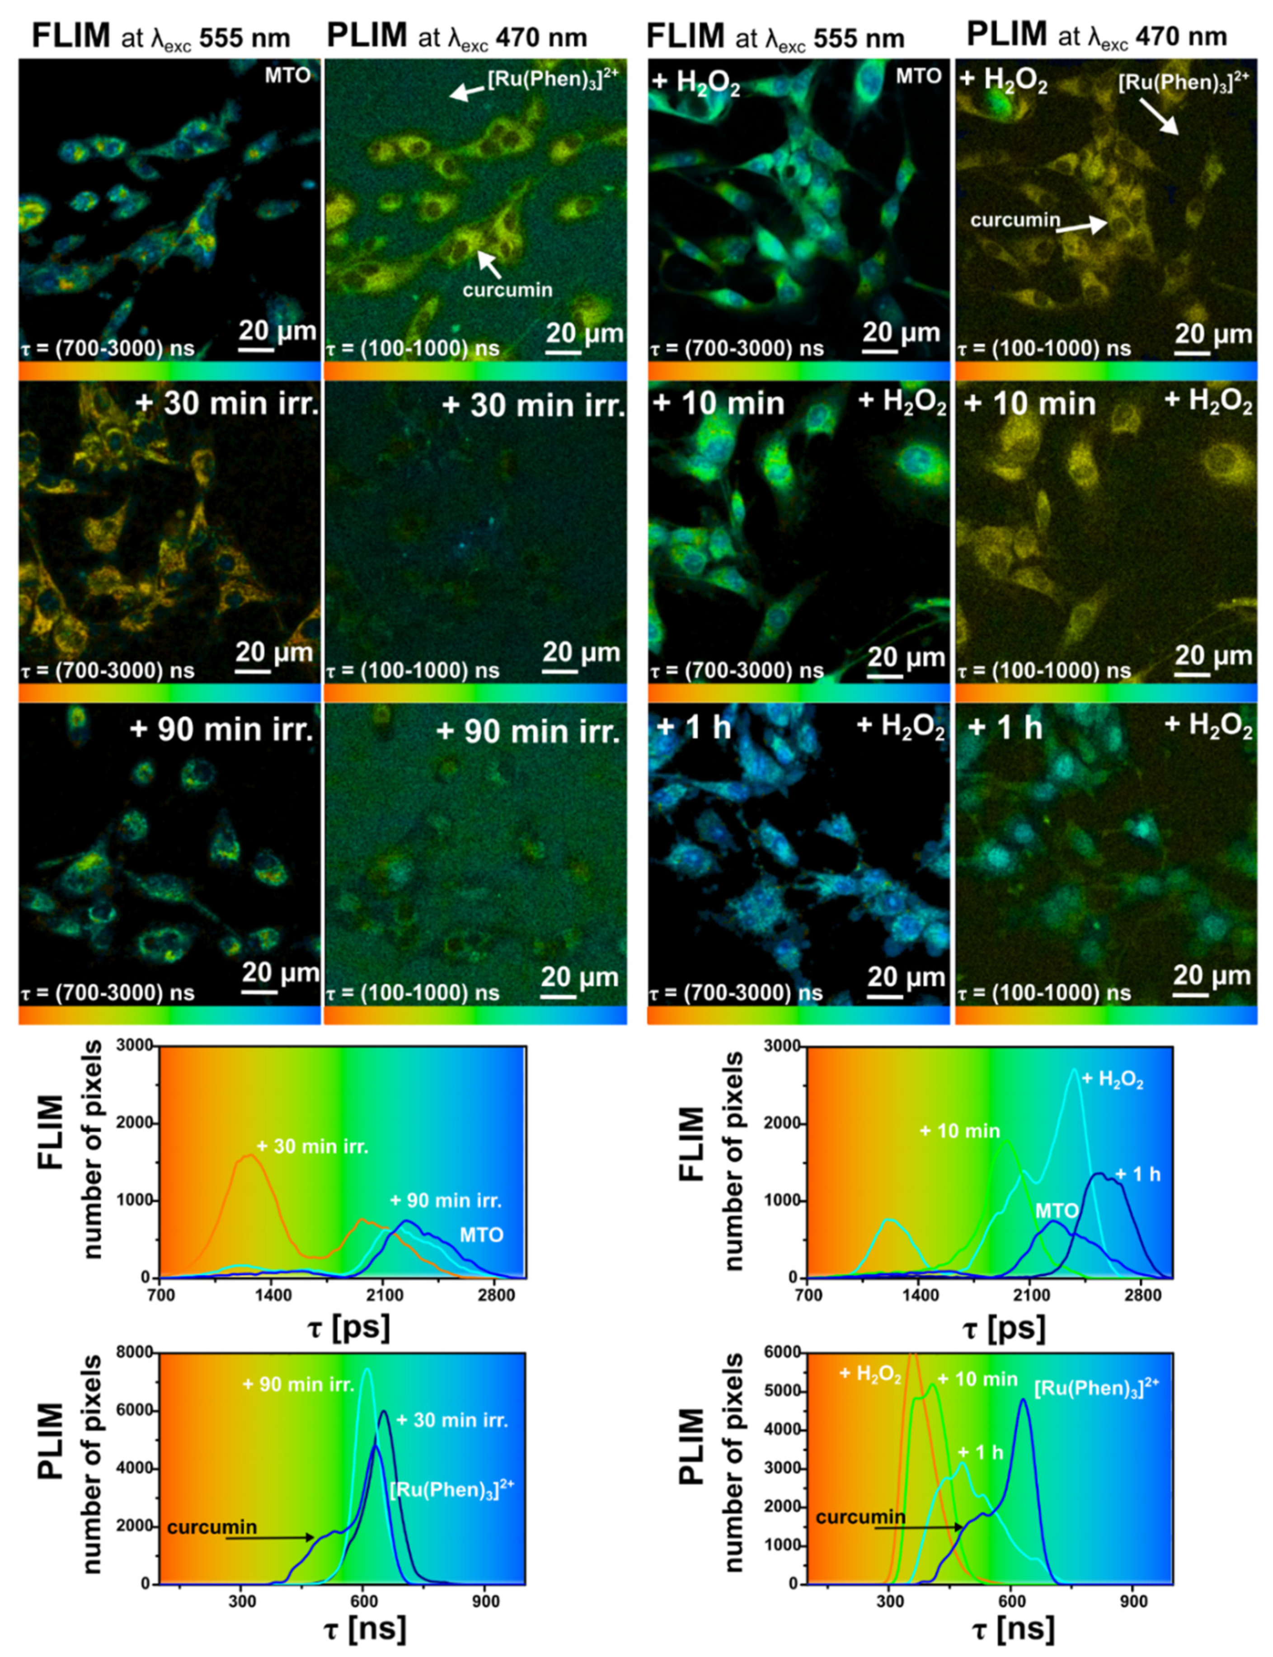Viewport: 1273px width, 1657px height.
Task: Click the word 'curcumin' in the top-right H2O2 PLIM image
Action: [1015, 220]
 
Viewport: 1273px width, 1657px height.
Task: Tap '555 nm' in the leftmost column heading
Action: [245, 38]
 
